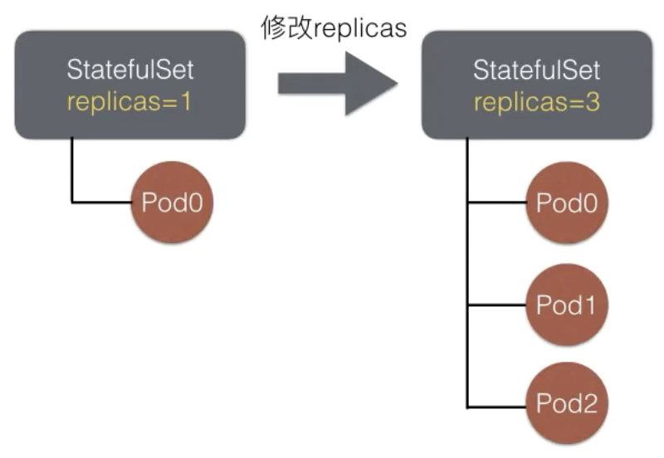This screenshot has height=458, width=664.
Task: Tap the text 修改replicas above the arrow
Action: pos(333,27)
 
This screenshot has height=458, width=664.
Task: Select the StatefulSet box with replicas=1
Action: pos(129,84)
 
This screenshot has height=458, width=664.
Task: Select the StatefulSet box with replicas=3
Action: pos(536,84)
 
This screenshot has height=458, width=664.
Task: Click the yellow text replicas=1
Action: pos(129,102)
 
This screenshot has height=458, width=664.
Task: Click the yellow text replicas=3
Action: pos(536,102)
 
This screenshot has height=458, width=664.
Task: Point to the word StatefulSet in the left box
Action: pos(129,70)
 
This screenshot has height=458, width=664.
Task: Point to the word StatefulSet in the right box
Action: pos(536,70)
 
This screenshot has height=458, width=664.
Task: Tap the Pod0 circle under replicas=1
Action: pos(172,202)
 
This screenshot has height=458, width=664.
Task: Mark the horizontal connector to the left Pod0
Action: pos(103,202)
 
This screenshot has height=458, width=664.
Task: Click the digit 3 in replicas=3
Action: pos(590,102)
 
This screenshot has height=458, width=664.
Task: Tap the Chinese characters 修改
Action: pos(285,27)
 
